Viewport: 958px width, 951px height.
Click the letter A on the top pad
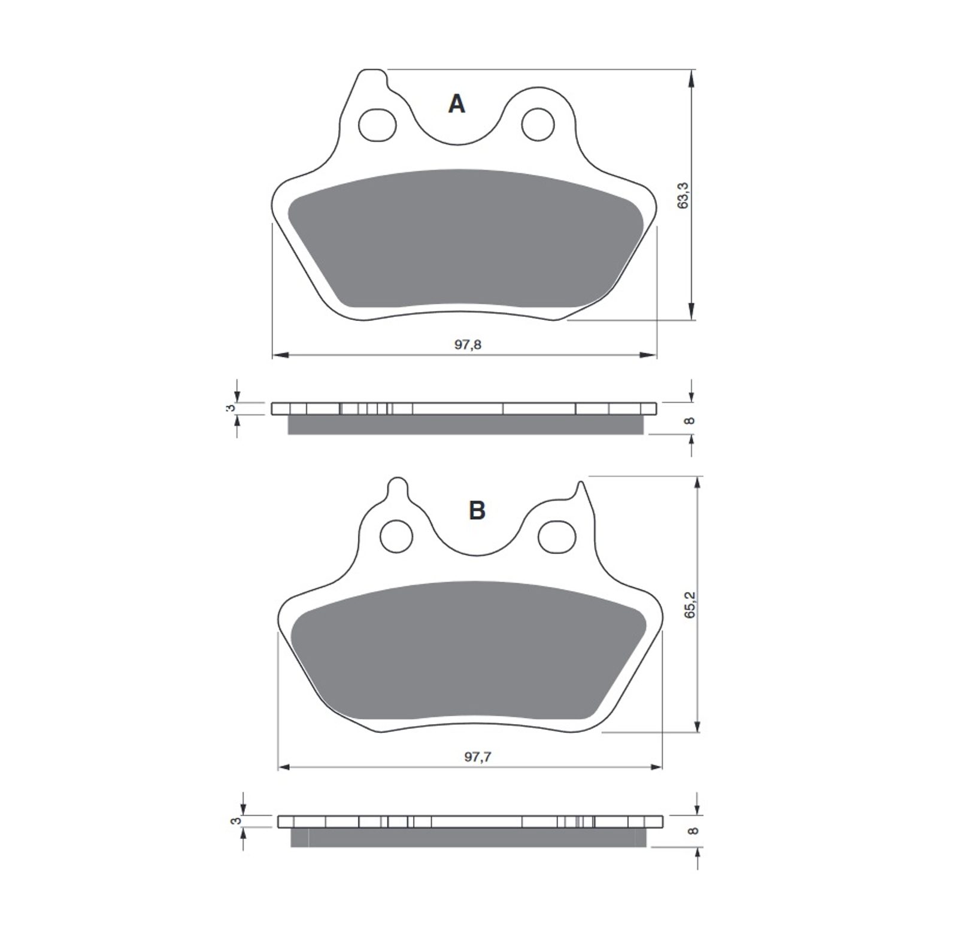[456, 104]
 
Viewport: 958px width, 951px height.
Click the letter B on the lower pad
[477, 511]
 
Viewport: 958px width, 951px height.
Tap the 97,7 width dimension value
[477, 756]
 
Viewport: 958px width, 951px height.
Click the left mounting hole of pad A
[377, 125]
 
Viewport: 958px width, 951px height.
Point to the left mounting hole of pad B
[397, 536]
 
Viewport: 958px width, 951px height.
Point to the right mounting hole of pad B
[557, 537]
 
